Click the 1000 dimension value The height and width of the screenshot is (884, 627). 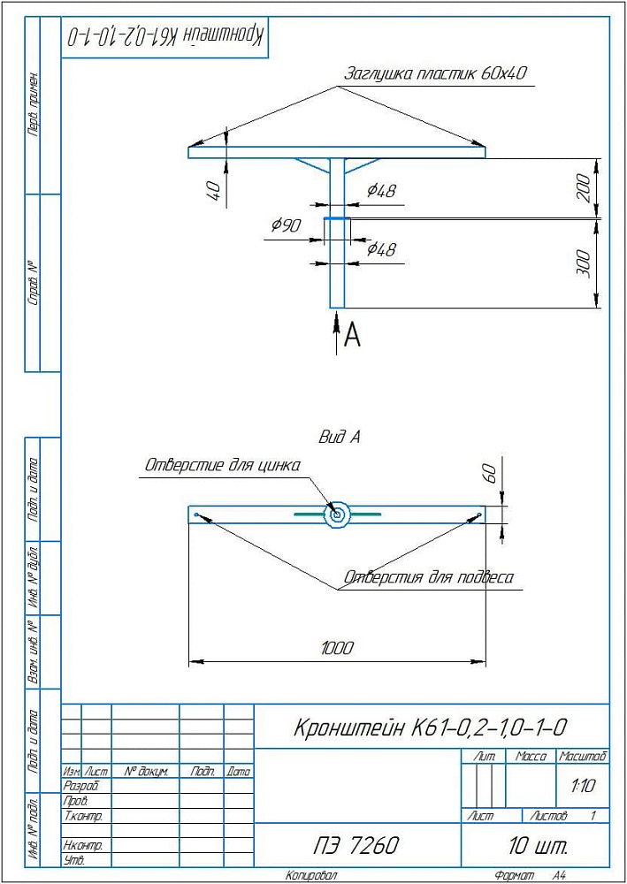[336, 648]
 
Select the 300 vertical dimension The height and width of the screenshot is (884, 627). [584, 263]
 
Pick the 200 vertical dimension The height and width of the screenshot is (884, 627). [584, 188]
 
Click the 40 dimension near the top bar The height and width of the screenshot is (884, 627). [213, 189]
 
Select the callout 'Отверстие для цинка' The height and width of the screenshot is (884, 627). [223, 465]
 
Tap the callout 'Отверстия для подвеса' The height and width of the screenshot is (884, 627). [428, 579]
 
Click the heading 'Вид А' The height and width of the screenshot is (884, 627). [339, 437]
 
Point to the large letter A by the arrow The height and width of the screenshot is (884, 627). [352, 335]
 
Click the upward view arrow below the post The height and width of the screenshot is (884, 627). [336, 332]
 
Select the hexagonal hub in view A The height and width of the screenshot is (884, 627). [337, 514]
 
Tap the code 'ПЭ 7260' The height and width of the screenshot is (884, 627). [357, 845]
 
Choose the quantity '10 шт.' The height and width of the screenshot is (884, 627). [538, 845]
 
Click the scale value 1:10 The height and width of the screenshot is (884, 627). [583, 785]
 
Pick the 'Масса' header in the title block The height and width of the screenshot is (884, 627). [530, 757]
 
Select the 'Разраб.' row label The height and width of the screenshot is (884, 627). [82, 785]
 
